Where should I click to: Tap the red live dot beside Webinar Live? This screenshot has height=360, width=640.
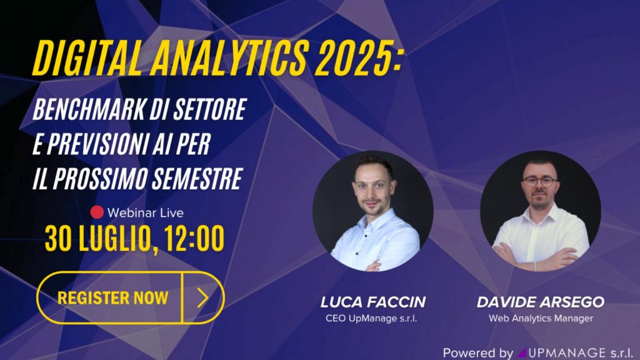pos(97,212)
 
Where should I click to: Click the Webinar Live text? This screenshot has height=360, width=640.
pos(145,212)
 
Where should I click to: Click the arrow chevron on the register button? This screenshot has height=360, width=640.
pos(203,297)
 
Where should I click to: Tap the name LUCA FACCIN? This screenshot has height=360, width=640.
pos(373,302)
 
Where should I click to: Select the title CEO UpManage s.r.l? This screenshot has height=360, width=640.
pos(371,318)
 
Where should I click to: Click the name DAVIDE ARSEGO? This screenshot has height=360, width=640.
pos(541,302)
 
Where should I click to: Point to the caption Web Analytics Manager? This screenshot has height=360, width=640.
pos(541,318)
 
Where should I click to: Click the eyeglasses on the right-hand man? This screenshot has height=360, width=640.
pos(540,182)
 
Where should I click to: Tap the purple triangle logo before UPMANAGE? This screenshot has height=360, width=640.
pos(521,352)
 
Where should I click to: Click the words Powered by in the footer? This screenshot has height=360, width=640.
pos(478,352)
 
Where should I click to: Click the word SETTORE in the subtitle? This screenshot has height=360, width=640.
pos(210,109)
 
